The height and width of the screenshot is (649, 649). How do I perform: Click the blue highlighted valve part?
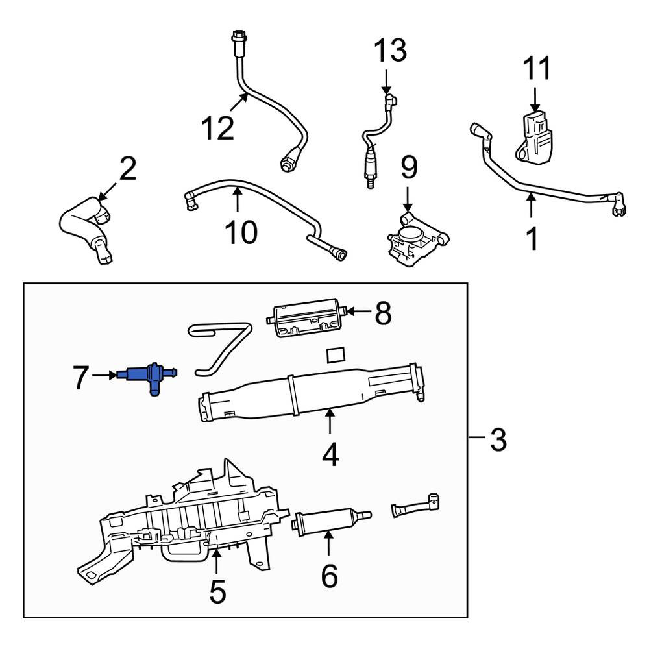point(148,375)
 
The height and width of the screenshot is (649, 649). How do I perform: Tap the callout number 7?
point(80,377)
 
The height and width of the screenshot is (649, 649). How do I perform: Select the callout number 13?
point(390,50)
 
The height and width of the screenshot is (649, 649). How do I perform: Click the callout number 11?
point(537,68)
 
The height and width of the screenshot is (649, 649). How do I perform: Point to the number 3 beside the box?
point(498,439)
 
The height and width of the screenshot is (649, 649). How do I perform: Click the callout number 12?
point(217,128)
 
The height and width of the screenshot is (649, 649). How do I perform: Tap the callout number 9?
point(410,167)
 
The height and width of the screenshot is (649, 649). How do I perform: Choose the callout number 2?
point(128,168)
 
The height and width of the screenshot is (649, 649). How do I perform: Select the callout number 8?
point(384,313)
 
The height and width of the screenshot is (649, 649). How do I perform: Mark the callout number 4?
point(330,454)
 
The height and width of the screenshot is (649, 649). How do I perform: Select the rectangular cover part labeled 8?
point(307,317)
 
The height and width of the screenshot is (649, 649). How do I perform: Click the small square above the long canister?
point(336,356)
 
